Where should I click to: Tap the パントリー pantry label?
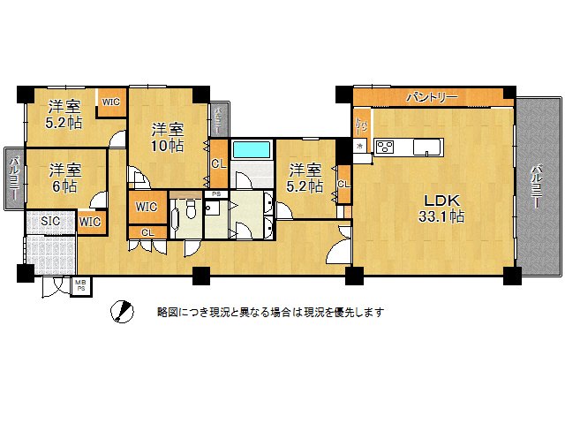pyautogui.click(x=432, y=96)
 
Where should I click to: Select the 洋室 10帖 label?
pyautogui.click(x=166, y=135)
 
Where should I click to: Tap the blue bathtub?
pyautogui.click(x=252, y=148)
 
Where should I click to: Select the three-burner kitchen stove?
pyautogui.click(x=386, y=147)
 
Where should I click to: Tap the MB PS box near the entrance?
pyautogui.click(x=80, y=285)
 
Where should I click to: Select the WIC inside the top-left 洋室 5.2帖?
pyautogui.click(x=110, y=102)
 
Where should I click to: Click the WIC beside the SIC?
pyautogui.click(x=90, y=222)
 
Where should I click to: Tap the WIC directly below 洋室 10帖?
pyautogui.click(x=147, y=208)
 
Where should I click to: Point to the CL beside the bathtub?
pyautogui.click(x=216, y=163)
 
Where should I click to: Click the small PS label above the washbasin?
pyautogui.click(x=216, y=193)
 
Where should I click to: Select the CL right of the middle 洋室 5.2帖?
pyautogui.click(x=342, y=184)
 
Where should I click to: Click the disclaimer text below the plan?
pyautogui.click(x=270, y=312)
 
